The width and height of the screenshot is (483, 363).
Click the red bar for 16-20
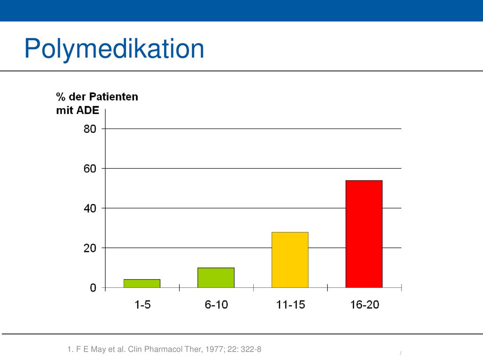pyautogui.click(x=364, y=234)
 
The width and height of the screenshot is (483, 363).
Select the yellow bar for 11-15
pyautogui.click(x=290, y=260)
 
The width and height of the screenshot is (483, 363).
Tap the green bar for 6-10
pyautogui.click(x=216, y=278)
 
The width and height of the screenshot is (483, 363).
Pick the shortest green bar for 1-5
pyautogui.click(x=142, y=284)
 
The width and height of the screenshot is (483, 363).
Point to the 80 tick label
pyautogui.click(x=90, y=129)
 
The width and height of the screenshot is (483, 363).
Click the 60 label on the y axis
pyautogui.click(x=90, y=169)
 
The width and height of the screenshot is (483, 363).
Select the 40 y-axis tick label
pyautogui.click(x=90, y=208)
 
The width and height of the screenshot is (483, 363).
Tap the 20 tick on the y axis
pyautogui.click(x=90, y=248)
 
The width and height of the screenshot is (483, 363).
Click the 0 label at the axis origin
pyautogui.click(x=93, y=288)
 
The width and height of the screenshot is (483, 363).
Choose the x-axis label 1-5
pyautogui.click(x=142, y=305)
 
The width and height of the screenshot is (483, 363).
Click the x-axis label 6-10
pyautogui.click(x=216, y=305)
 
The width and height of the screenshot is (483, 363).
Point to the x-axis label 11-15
pyautogui.click(x=291, y=305)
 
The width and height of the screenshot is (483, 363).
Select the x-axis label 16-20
pyautogui.click(x=365, y=305)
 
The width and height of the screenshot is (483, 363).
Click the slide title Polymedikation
pyautogui.click(x=114, y=49)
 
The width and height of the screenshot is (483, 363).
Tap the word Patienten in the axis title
pyautogui.click(x=114, y=96)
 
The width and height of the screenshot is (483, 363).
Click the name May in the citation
pyautogui.click(x=98, y=349)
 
